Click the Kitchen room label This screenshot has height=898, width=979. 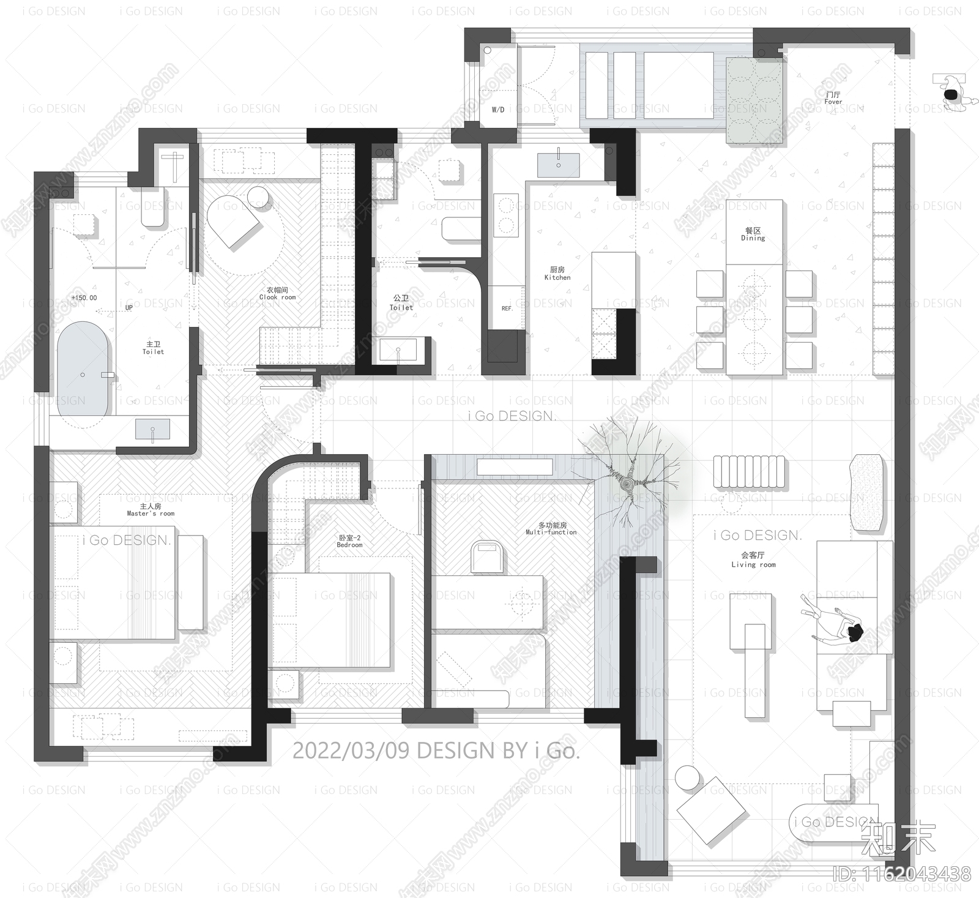click(x=557, y=274)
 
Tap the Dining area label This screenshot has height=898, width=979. click(x=753, y=234)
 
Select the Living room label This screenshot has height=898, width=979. click(x=753, y=560)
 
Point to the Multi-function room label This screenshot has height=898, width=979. click(x=551, y=529)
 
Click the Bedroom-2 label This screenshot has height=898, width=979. click(x=349, y=541)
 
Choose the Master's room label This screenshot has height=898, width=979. click(x=151, y=510)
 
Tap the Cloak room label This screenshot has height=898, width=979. click(x=277, y=294)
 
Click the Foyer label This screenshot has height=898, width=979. click(x=833, y=99)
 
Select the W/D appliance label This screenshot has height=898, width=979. click(x=498, y=110)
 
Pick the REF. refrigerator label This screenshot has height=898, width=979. click(x=507, y=309)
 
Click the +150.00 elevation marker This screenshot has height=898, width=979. click(x=84, y=298)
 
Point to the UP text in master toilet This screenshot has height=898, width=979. click(x=129, y=307)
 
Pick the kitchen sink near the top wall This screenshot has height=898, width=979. click(x=558, y=165)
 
